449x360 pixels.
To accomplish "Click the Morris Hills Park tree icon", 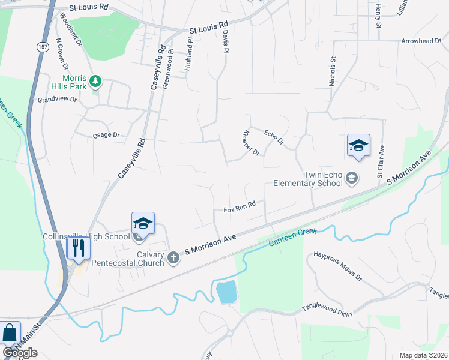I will pyautogui.click(x=94, y=80).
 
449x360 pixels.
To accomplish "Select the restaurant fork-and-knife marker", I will pyautogui.click(x=79, y=247).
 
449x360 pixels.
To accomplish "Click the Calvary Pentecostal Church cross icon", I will pyautogui.click(x=173, y=258).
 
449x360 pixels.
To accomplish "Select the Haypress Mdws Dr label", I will pyautogui.click(x=338, y=266).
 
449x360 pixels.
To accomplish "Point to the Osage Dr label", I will pyautogui.click(x=107, y=135).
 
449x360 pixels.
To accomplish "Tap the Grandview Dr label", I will pyautogui.click(x=57, y=100).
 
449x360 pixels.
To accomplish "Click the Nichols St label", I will pyautogui.click(x=331, y=72).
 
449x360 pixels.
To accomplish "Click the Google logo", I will pyautogui.click(x=20, y=353).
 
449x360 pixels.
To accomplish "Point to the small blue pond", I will pyautogui.click(x=226, y=292).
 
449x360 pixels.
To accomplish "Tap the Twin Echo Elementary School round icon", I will pyautogui.click(x=352, y=178).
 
